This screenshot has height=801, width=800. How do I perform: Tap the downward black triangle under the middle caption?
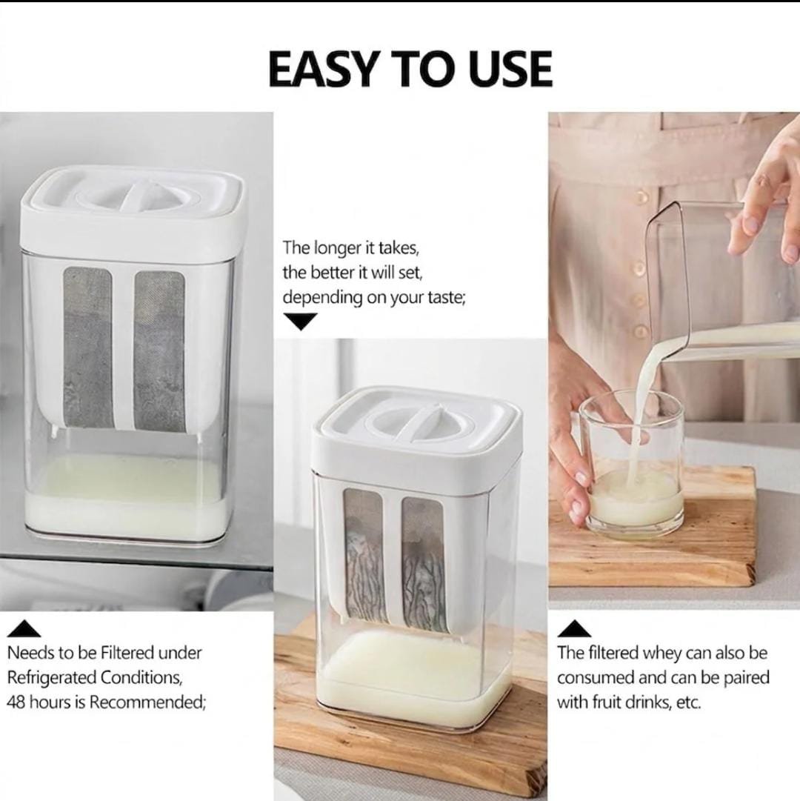[x=300, y=322]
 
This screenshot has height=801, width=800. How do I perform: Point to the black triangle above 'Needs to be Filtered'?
[x=24, y=629]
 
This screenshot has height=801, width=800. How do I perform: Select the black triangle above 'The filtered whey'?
[x=574, y=629]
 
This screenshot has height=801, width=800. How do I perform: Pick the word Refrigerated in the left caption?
[x=52, y=678]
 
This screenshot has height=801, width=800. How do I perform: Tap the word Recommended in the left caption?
[x=147, y=702]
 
